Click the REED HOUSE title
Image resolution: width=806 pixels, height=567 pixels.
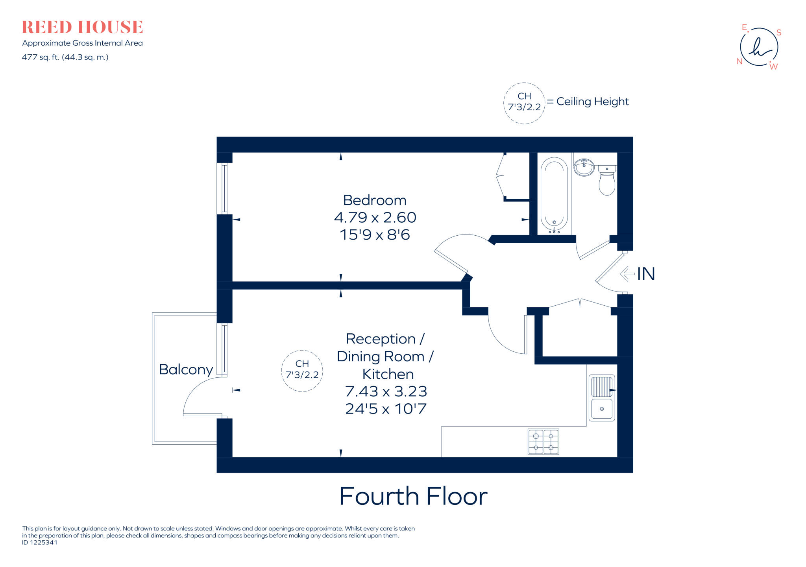click(x=82, y=27)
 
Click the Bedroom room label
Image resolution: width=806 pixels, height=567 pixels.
click(x=374, y=200)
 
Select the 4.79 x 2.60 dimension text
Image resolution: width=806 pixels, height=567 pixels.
click(x=375, y=217)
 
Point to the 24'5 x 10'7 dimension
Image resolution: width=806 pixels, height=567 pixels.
click(x=386, y=408)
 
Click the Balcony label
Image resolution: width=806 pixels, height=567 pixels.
click(x=186, y=369)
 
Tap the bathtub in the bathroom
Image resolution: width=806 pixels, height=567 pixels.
click(x=554, y=195)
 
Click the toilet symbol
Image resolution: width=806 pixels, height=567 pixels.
click(x=607, y=181)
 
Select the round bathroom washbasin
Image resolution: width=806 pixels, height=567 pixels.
click(x=584, y=167)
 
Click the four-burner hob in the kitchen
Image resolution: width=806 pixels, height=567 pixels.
click(x=543, y=442)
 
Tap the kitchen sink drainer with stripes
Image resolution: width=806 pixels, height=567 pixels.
click(x=601, y=387)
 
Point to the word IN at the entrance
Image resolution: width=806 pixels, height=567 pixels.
click(x=646, y=274)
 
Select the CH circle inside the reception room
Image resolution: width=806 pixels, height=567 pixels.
click(x=302, y=370)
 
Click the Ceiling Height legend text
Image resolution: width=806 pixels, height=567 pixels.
click(x=592, y=102)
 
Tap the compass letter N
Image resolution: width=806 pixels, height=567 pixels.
click(x=739, y=61)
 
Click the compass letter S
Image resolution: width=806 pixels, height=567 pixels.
click(x=778, y=33)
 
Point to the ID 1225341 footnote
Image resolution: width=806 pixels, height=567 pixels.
click(x=40, y=542)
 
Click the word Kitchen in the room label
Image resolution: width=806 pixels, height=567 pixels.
click(x=388, y=374)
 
